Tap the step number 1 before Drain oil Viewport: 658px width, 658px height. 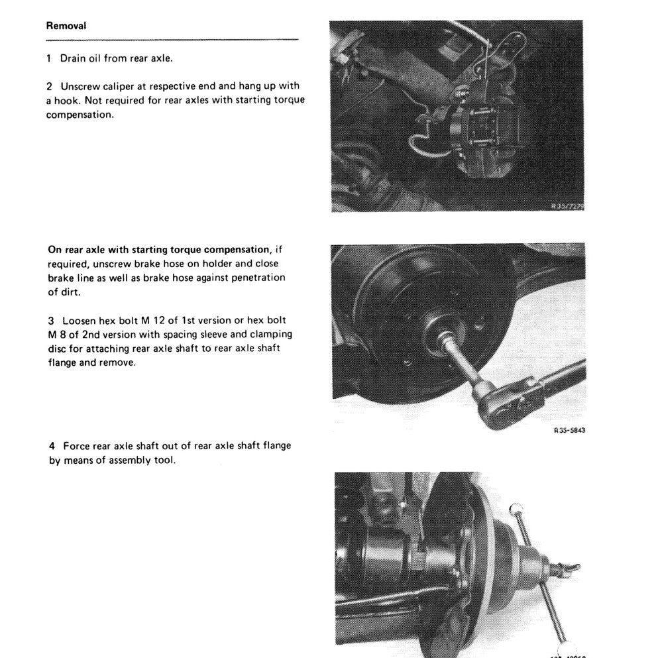click(49, 58)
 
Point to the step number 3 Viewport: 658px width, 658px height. click(52, 320)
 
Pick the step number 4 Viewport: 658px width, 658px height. click(52, 446)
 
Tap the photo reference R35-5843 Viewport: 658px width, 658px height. click(569, 430)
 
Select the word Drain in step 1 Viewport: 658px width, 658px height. click(74, 58)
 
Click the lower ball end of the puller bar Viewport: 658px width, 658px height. click(565, 649)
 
